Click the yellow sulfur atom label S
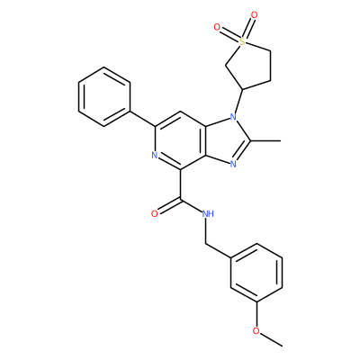pos(242,42)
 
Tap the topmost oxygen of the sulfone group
pos(255,14)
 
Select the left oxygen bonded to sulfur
pos(217,27)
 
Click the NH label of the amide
pos(208,213)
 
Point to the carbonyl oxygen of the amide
pos(155,213)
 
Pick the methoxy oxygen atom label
pos(256,331)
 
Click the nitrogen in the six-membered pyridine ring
pos(155,156)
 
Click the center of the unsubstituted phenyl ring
pos(104,96)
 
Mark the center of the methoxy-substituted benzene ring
pos(256,273)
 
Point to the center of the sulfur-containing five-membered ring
pos(249,66)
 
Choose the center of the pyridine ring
pos(180,140)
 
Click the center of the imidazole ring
pos(227,140)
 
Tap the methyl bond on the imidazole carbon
pos(265,140)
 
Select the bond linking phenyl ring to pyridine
pos(142,119)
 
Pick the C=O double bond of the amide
pos(169,205)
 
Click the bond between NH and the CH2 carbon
pos(207,230)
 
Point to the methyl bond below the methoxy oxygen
pos(271,340)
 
